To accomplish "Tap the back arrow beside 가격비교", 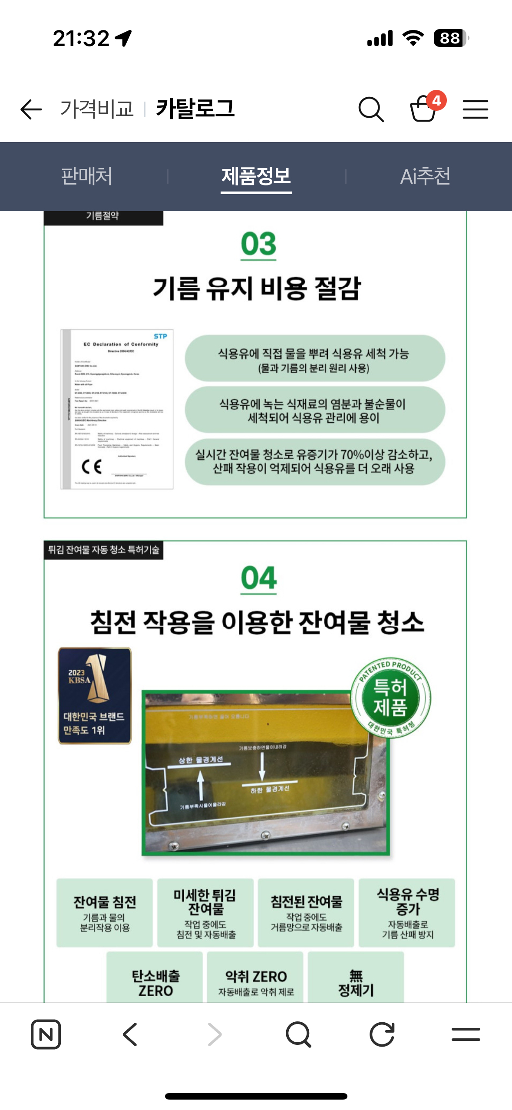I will click(x=31, y=109).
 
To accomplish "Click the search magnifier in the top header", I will click(x=371, y=109).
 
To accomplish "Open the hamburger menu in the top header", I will click(x=475, y=109).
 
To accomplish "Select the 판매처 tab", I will click(x=86, y=176).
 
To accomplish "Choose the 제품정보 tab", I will click(x=256, y=176).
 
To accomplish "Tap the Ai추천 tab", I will click(x=425, y=176).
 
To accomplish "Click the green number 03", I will click(x=258, y=244).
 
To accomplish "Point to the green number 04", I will click(x=259, y=578).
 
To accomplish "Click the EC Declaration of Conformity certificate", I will click(x=117, y=409).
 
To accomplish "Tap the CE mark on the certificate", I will click(x=92, y=467).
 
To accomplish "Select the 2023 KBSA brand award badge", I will click(x=95, y=696).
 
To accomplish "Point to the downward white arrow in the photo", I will click(x=262, y=766).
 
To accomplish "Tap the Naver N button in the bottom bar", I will click(x=46, y=1034).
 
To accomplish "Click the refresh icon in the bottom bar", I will click(x=382, y=1034).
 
